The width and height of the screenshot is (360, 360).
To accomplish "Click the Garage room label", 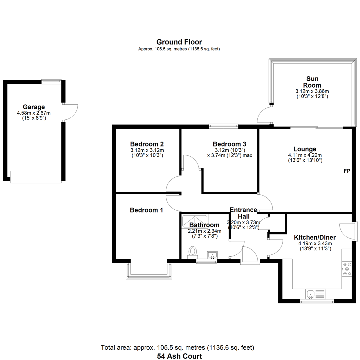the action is [34, 107].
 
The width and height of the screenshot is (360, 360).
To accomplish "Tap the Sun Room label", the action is [312, 82].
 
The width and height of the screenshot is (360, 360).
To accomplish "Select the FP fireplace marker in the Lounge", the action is [347, 171].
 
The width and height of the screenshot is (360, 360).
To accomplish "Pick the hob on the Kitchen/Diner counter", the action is [347, 269].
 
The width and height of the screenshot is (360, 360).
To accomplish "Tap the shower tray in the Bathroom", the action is [195, 221].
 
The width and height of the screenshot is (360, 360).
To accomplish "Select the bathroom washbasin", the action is [213, 255].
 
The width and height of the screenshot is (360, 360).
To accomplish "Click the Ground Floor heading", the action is [179, 42].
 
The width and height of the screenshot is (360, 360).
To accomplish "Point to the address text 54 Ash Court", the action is [180, 356].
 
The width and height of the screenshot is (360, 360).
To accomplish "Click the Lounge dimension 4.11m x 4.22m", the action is [305, 155].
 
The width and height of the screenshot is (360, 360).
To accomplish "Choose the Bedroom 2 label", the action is [147, 144].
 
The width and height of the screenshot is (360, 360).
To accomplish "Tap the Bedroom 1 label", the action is [146, 210].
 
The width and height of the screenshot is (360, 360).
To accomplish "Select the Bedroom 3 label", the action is [229, 144].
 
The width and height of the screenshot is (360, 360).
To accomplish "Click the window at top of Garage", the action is [51, 81].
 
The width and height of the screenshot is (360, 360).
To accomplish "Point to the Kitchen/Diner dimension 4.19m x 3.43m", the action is [315, 244].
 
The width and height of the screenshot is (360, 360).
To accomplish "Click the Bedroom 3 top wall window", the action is [224, 126].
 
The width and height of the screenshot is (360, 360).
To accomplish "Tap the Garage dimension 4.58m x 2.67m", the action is [34, 113].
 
